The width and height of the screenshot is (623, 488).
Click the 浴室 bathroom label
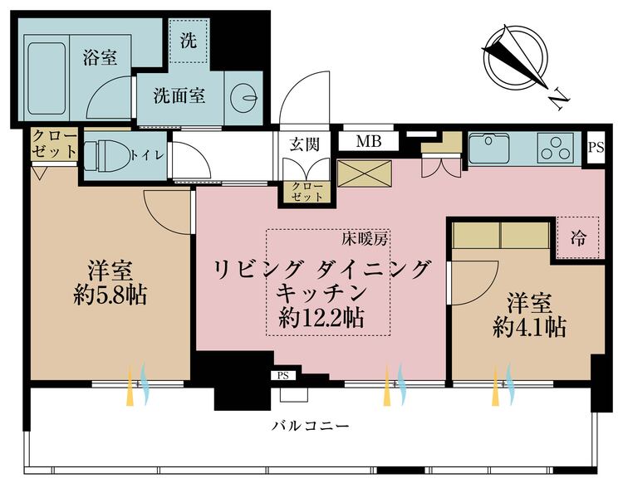point(100,58)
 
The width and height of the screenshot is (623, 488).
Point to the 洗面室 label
point(179,95)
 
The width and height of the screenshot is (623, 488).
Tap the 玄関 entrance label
point(305,143)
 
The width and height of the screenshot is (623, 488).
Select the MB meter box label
point(368,141)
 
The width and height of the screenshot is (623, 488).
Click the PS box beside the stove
point(596,147)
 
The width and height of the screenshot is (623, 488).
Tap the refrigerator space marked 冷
point(576,239)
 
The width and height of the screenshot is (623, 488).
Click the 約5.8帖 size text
point(110,296)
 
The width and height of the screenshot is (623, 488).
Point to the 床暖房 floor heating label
point(365,239)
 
